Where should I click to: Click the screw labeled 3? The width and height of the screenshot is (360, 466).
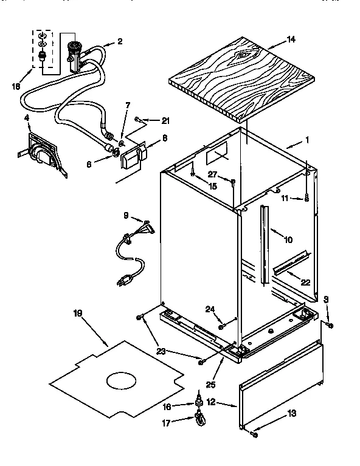pyautogui.click(x=330, y=326)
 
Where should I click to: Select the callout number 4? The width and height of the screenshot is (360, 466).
pyautogui.click(x=27, y=117)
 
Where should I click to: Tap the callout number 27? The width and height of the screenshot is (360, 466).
pyautogui.click(x=212, y=174)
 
